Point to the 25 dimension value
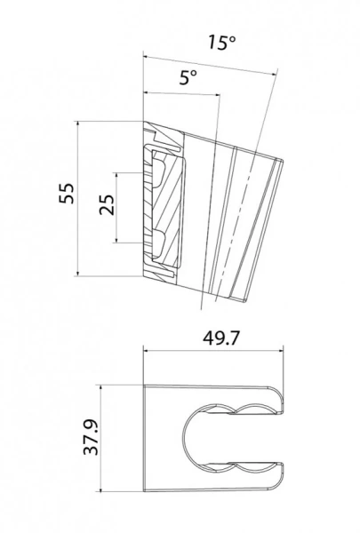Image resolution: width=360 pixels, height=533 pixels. (107, 206)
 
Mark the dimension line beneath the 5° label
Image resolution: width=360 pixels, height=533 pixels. (178, 93)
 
